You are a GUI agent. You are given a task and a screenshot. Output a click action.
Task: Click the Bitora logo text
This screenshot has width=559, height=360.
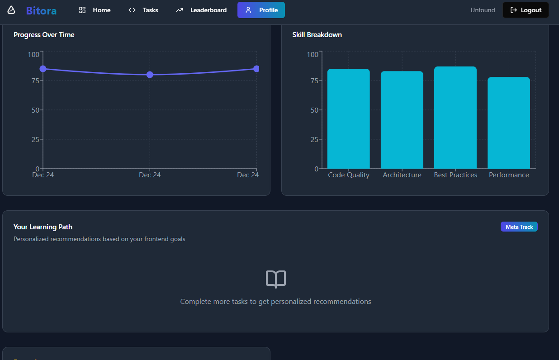pyautogui.click(x=41, y=10)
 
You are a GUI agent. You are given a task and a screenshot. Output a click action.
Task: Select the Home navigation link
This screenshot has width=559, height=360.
pyautogui.click(x=95, y=10)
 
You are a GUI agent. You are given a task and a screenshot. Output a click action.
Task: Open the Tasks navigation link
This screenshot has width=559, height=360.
pyautogui.click(x=143, y=10)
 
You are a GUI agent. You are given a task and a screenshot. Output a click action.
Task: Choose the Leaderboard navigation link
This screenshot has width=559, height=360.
pyautogui.click(x=201, y=10)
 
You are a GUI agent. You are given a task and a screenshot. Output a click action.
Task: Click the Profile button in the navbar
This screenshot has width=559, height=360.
pyautogui.click(x=261, y=10)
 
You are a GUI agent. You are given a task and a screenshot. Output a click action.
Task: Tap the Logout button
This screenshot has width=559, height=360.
pyautogui.click(x=526, y=10)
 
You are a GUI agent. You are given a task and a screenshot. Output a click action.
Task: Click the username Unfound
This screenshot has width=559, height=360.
pyautogui.click(x=483, y=10)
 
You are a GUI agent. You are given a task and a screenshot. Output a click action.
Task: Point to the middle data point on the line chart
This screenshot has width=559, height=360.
pyautogui.click(x=150, y=75)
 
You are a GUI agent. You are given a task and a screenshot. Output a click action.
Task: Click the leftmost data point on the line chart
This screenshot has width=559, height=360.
pyautogui.click(x=43, y=69)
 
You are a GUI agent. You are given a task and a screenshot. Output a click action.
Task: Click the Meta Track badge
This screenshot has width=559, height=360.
pyautogui.click(x=519, y=227)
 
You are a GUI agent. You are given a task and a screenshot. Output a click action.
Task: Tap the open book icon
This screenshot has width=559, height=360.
pyautogui.click(x=275, y=279)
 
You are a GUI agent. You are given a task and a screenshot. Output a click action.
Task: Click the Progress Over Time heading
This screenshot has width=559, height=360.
pyautogui.click(x=44, y=35)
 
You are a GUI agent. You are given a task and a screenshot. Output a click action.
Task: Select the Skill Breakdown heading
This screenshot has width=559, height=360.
pyautogui.click(x=317, y=35)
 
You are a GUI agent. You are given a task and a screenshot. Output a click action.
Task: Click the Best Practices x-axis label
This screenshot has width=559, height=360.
pyautogui.click(x=455, y=175)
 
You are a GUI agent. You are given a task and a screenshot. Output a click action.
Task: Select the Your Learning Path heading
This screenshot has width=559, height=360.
pyautogui.click(x=43, y=227)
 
